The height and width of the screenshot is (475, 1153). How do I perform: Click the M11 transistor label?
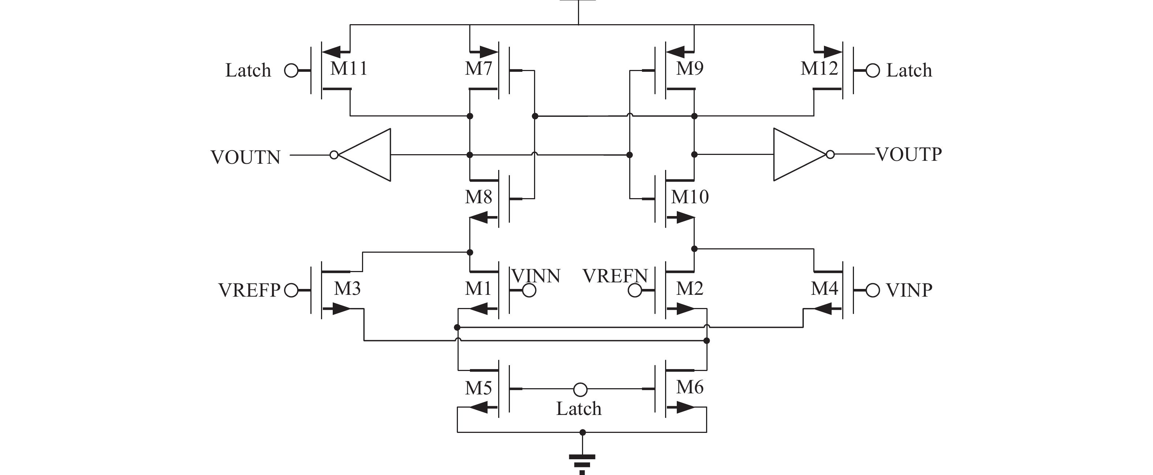[x=349, y=68]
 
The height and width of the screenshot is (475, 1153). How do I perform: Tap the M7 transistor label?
[x=478, y=68]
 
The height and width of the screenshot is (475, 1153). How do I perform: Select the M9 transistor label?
[x=690, y=68]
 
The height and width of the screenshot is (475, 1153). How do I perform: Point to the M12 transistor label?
[x=819, y=68]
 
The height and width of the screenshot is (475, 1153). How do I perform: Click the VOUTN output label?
[x=245, y=157]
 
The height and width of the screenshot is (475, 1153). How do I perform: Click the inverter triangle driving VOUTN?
[x=364, y=155]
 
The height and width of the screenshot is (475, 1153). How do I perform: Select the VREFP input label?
[x=249, y=290]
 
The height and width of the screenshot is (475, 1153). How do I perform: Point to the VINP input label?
[x=909, y=290]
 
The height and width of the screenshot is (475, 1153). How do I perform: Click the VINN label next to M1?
[x=536, y=276]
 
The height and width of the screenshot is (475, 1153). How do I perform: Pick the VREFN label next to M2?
[x=615, y=276]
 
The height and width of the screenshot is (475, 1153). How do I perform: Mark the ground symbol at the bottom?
[x=582, y=464]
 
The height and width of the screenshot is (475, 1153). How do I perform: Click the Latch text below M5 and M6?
[x=579, y=409]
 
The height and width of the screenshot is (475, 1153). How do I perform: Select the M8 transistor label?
[x=478, y=197]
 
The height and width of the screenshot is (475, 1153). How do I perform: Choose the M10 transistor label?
[x=690, y=197]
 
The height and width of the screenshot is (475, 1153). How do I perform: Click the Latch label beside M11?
[x=248, y=70]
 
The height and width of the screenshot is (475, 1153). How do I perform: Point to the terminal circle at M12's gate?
[x=873, y=71]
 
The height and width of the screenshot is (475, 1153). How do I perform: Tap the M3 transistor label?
[x=347, y=289]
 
